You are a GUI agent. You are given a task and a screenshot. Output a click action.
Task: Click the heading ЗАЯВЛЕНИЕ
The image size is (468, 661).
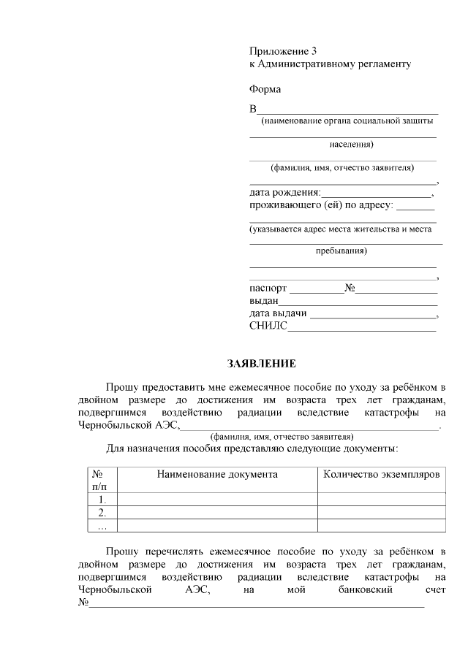click(x=262, y=363)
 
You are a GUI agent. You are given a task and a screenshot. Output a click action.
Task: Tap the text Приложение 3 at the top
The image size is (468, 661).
click(x=283, y=51)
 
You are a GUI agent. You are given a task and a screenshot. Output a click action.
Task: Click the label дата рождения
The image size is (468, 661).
click(x=284, y=193)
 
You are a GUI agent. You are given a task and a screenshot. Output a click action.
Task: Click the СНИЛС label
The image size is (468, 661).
click(x=268, y=326)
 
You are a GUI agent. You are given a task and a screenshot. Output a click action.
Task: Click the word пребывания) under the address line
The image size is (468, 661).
click(x=341, y=251)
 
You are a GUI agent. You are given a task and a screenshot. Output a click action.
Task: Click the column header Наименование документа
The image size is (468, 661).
click(x=217, y=474)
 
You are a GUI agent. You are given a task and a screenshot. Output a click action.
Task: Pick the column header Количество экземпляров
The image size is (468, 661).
click(x=382, y=474)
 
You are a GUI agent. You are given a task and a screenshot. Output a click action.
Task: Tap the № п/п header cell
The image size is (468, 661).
click(x=98, y=480)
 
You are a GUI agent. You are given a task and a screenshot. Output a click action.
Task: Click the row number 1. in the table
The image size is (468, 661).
click(x=102, y=500)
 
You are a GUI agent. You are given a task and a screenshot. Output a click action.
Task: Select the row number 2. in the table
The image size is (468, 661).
click(x=102, y=513)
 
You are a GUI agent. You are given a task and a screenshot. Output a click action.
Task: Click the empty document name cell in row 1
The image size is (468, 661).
click(x=217, y=500)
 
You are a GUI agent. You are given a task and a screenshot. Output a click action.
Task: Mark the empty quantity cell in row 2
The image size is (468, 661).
click(x=382, y=513)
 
